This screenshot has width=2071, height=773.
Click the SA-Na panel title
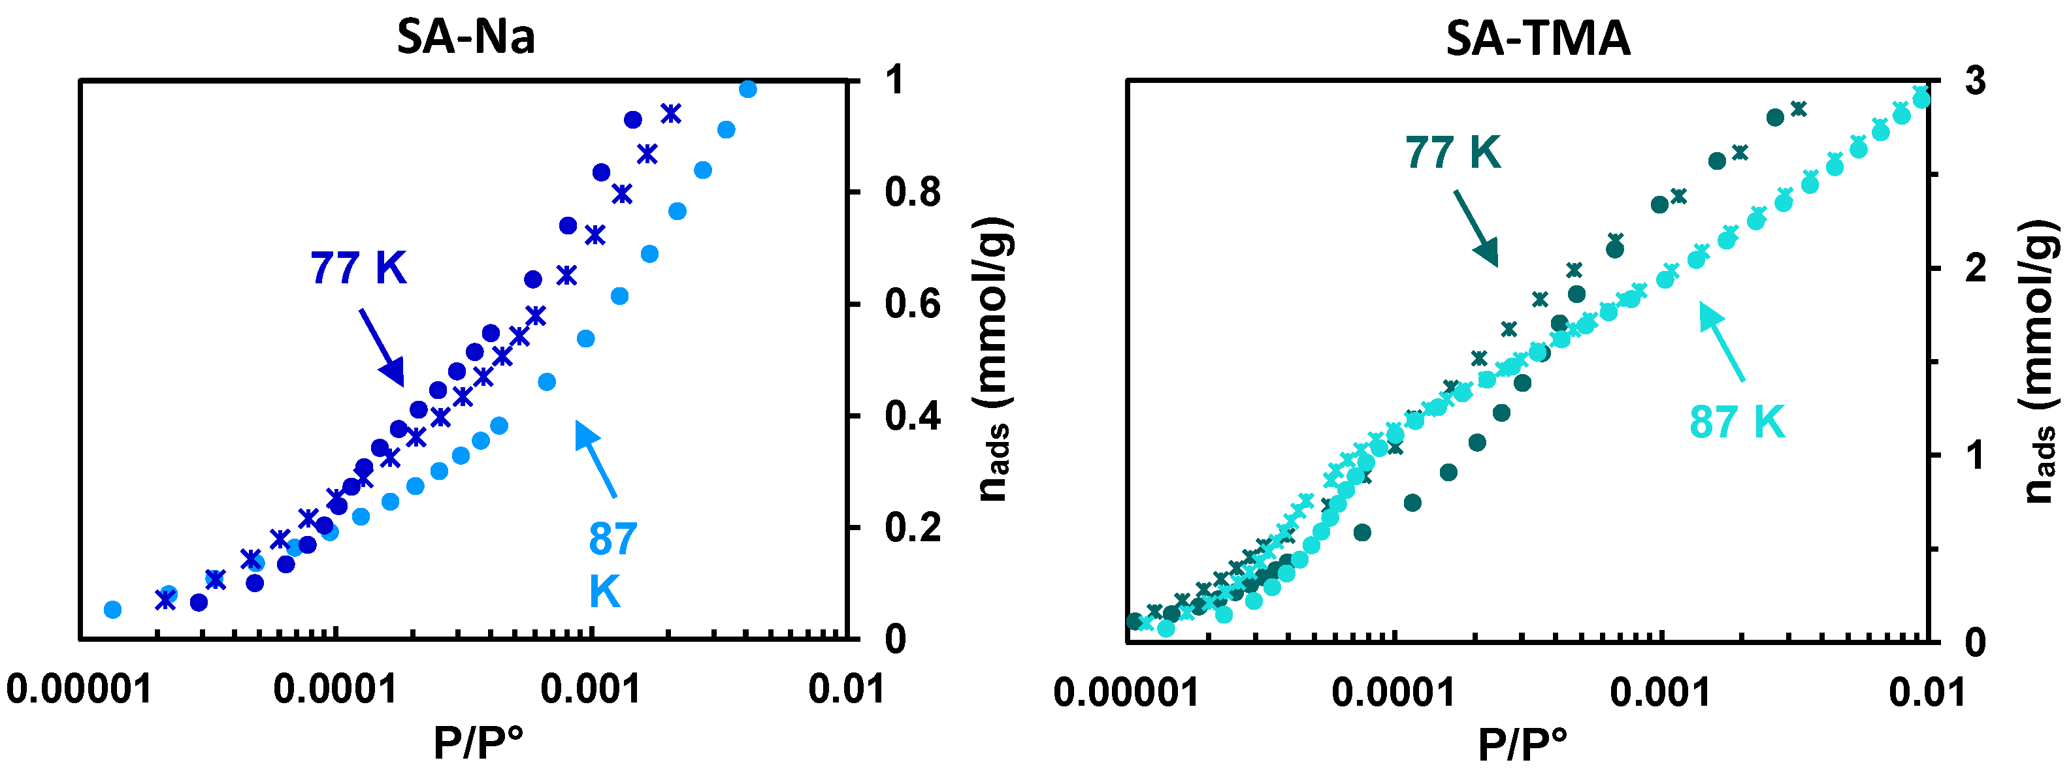(466, 37)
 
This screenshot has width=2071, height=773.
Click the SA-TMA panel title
(1537, 38)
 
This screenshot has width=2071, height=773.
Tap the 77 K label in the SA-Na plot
(359, 268)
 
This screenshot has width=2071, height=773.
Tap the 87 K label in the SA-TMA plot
(1737, 422)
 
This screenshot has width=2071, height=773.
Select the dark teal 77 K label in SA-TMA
(1453, 152)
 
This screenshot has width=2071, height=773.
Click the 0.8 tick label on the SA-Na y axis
(913, 193)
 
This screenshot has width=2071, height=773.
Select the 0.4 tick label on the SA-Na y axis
(913, 417)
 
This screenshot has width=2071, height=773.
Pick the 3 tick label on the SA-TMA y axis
(1976, 81)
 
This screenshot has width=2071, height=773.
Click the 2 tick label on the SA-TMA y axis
(1976, 268)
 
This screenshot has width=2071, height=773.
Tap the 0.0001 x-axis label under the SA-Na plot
(335, 689)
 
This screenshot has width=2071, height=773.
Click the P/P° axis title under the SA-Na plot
(478, 742)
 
